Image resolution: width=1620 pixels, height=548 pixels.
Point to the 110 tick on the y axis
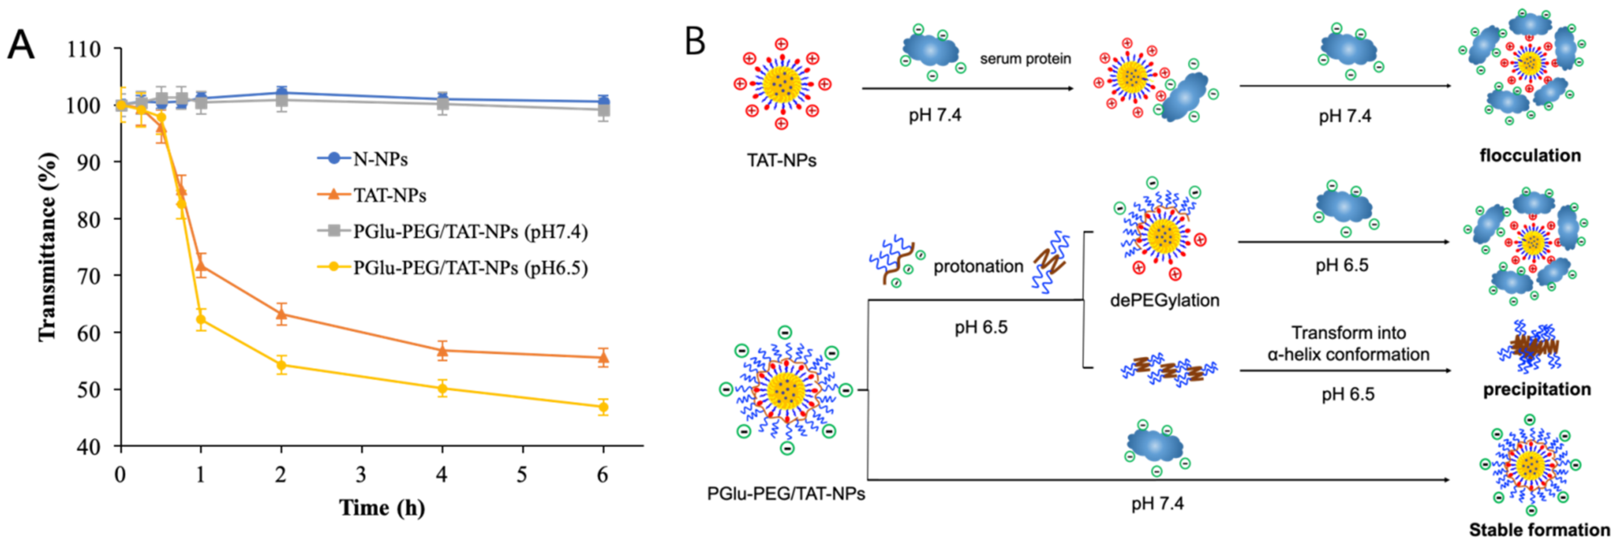(x=84, y=49)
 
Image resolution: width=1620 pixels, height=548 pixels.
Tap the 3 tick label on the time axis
(x=361, y=474)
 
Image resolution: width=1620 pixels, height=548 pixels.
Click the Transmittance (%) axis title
(x=48, y=247)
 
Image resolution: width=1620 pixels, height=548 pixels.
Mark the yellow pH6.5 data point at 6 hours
(x=603, y=407)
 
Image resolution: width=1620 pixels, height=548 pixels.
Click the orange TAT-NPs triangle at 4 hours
(x=442, y=350)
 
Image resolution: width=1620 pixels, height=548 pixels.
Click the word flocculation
(x=1529, y=155)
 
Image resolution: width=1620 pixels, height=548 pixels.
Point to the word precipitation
(x=1536, y=390)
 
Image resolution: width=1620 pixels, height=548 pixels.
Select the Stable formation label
(x=1539, y=530)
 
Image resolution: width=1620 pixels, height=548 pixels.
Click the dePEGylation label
(x=1164, y=300)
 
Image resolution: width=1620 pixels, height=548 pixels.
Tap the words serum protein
(x=1025, y=59)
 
